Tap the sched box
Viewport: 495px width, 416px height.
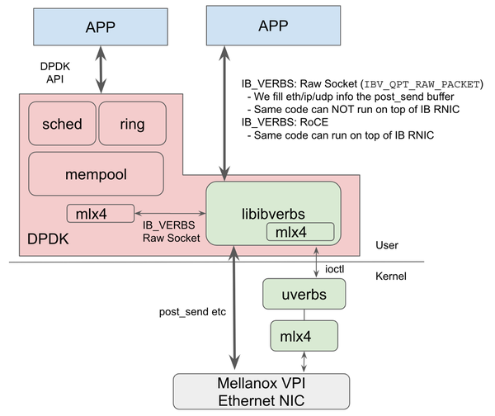62,125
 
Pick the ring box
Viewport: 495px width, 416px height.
132,125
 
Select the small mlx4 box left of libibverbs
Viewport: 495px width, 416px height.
100,214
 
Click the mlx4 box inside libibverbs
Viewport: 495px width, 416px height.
299,232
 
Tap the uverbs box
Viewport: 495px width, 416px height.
304,293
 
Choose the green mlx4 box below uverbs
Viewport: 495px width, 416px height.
304,337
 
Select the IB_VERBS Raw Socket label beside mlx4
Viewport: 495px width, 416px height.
171,230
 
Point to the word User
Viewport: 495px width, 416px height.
387,245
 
